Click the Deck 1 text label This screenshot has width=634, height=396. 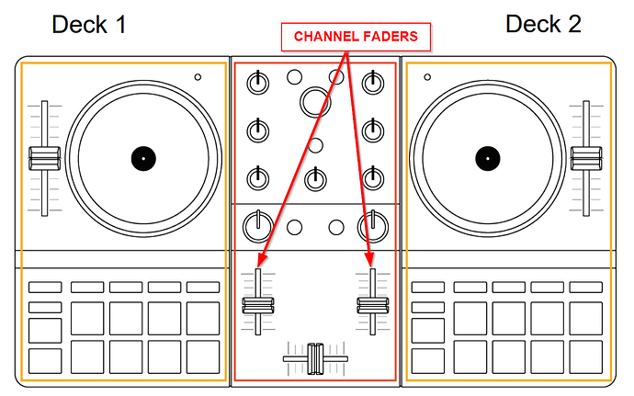click(x=89, y=25)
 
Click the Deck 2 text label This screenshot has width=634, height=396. click(x=543, y=25)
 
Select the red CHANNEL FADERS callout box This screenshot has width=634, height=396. click(x=356, y=37)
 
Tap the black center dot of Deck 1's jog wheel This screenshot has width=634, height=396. click(x=142, y=158)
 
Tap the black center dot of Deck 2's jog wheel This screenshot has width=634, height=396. click(x=483, y=158)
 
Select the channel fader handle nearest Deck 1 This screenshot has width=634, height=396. click(x=258, y=305)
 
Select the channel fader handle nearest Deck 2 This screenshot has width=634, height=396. click(x=372, y=305)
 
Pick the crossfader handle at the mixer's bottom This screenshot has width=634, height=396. click(x=315, y=356)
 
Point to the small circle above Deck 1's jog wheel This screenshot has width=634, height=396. click(x=198, y=78)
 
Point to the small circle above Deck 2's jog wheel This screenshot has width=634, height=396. click(x=426, y=78)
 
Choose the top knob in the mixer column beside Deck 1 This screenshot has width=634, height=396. click(x=258, y=83)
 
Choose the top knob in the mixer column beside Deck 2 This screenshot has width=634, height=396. click(x=372, y=83)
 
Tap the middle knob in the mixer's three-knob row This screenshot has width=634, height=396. click(x=315, y=176)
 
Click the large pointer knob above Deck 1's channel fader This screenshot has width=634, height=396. click(x=258, y=224)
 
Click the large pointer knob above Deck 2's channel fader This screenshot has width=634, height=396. click(x=372, y=224)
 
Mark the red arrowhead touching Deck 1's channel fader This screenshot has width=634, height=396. click(x=260, y=263)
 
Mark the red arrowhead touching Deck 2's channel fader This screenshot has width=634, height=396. click(x=371, y=263)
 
